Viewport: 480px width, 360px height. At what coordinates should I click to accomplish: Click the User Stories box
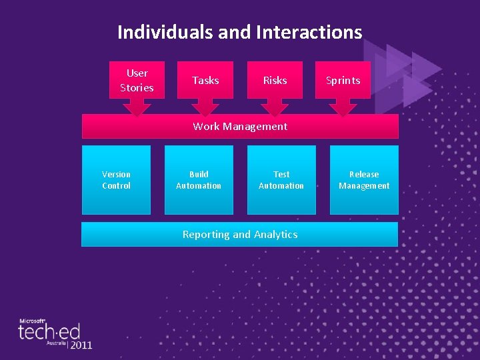(x=137, y=80)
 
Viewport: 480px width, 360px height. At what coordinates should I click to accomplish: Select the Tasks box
(x=205, y=80)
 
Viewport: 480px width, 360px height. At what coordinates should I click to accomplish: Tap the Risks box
(x=275, y=80)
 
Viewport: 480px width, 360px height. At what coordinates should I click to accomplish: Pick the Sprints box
(x=343, y=80)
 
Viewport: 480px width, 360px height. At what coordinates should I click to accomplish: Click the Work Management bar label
(x=240, y=126)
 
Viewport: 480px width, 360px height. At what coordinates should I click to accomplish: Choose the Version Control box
(x=116, y=180)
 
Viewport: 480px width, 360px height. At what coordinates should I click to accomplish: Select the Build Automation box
(x=199, y=180)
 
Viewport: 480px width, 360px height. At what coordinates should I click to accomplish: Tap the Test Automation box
(x=281, y=180)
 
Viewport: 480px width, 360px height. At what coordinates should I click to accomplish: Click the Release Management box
(x=364, y=180)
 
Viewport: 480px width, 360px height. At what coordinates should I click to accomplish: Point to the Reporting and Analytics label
(x=240, y=234)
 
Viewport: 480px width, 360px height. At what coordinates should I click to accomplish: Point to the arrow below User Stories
(x=137, y=107)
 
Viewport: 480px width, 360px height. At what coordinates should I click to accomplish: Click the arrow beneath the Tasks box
(x=205, y=107)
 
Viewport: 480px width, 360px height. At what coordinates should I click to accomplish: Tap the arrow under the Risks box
(x=275, y=107)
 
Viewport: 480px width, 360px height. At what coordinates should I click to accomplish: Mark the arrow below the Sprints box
(x=343, y=107)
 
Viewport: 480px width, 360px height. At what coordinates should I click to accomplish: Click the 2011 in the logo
(x=81, y=345)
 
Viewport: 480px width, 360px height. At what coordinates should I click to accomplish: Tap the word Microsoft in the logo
(x=31, y=321)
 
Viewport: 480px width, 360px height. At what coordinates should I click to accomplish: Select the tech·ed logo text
(x=49, y=331)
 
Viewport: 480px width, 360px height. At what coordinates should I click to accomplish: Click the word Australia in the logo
(x=55, y=343)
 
